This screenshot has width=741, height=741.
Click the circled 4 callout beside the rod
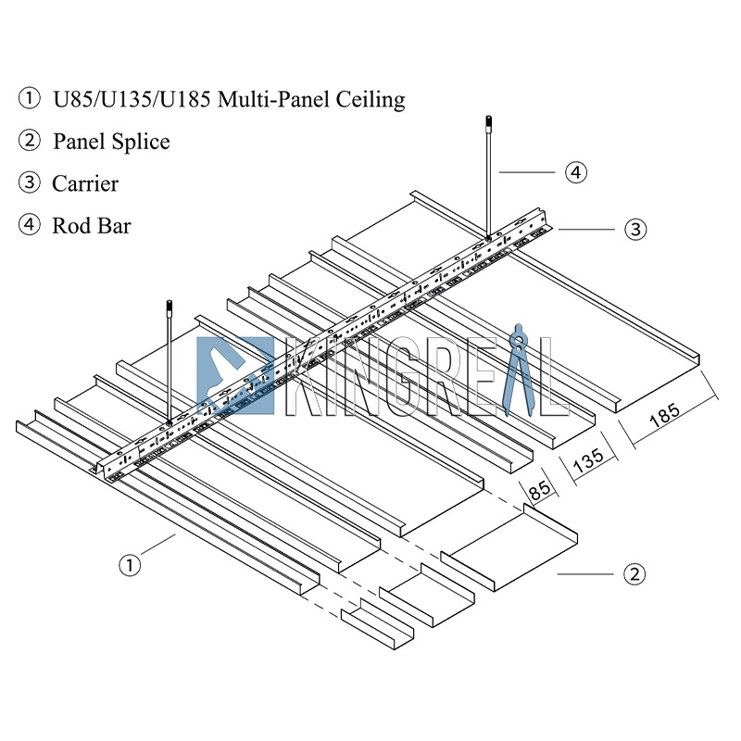point(576,171)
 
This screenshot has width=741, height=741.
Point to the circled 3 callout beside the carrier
point(634,229)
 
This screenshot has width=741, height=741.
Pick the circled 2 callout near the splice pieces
point(634,574)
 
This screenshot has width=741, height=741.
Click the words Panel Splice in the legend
point(111,142)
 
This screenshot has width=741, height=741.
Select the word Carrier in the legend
point(85,183)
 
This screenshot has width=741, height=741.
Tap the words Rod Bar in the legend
point(92,225)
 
